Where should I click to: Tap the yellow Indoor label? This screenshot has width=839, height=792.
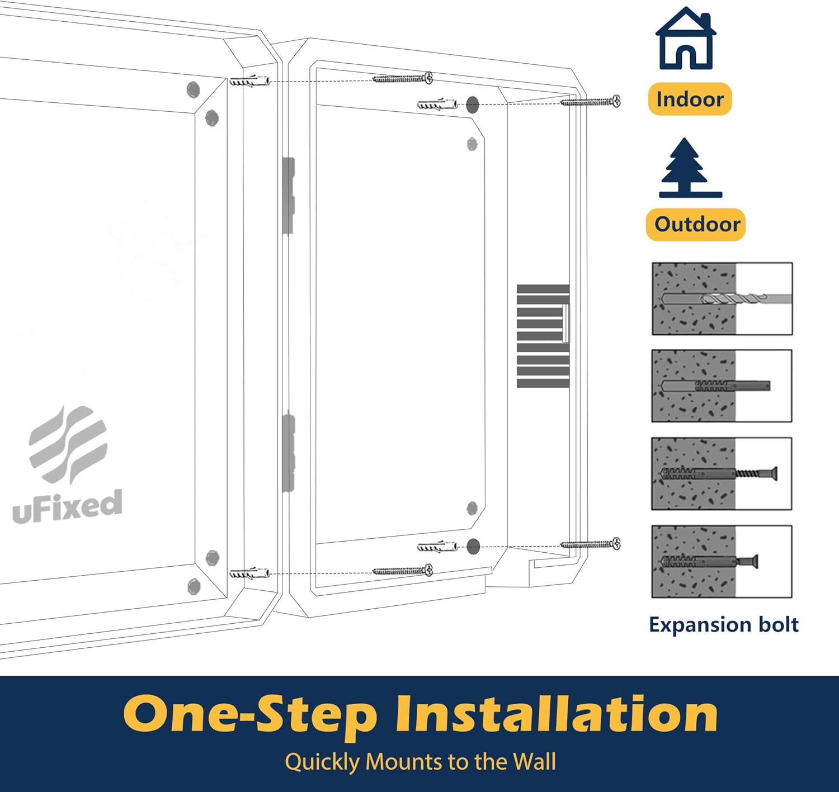coord(690,99)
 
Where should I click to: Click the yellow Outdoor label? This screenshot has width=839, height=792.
coord(696,225)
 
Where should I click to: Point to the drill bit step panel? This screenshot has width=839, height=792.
coord(722,299)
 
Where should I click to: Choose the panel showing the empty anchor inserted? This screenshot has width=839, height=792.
coord(722,386)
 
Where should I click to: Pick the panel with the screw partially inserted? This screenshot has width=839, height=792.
coord(722,473)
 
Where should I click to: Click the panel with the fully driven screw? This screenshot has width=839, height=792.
coord(722,561)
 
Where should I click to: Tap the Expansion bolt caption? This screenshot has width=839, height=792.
coord(723,624)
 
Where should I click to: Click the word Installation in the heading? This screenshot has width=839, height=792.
coord(556,714)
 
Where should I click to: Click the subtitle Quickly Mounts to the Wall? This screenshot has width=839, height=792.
coord(420,762)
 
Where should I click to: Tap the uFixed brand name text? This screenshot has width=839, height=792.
coord(68,506)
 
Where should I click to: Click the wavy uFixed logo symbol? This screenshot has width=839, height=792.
coord(68,444)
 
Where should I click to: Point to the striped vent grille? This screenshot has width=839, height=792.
coord(543,336)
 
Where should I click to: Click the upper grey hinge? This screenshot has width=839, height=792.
coord(288,195)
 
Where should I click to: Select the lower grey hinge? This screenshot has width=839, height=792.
coord(289,452)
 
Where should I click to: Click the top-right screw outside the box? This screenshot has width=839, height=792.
coord(591,101)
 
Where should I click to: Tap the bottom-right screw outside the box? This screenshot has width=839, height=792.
coord(591,544)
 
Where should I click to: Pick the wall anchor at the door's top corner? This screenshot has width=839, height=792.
coord(249,81)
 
